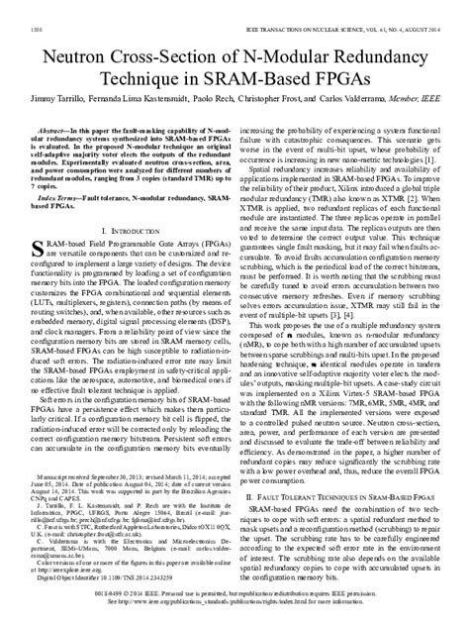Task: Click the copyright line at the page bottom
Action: (x=234, y=606)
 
